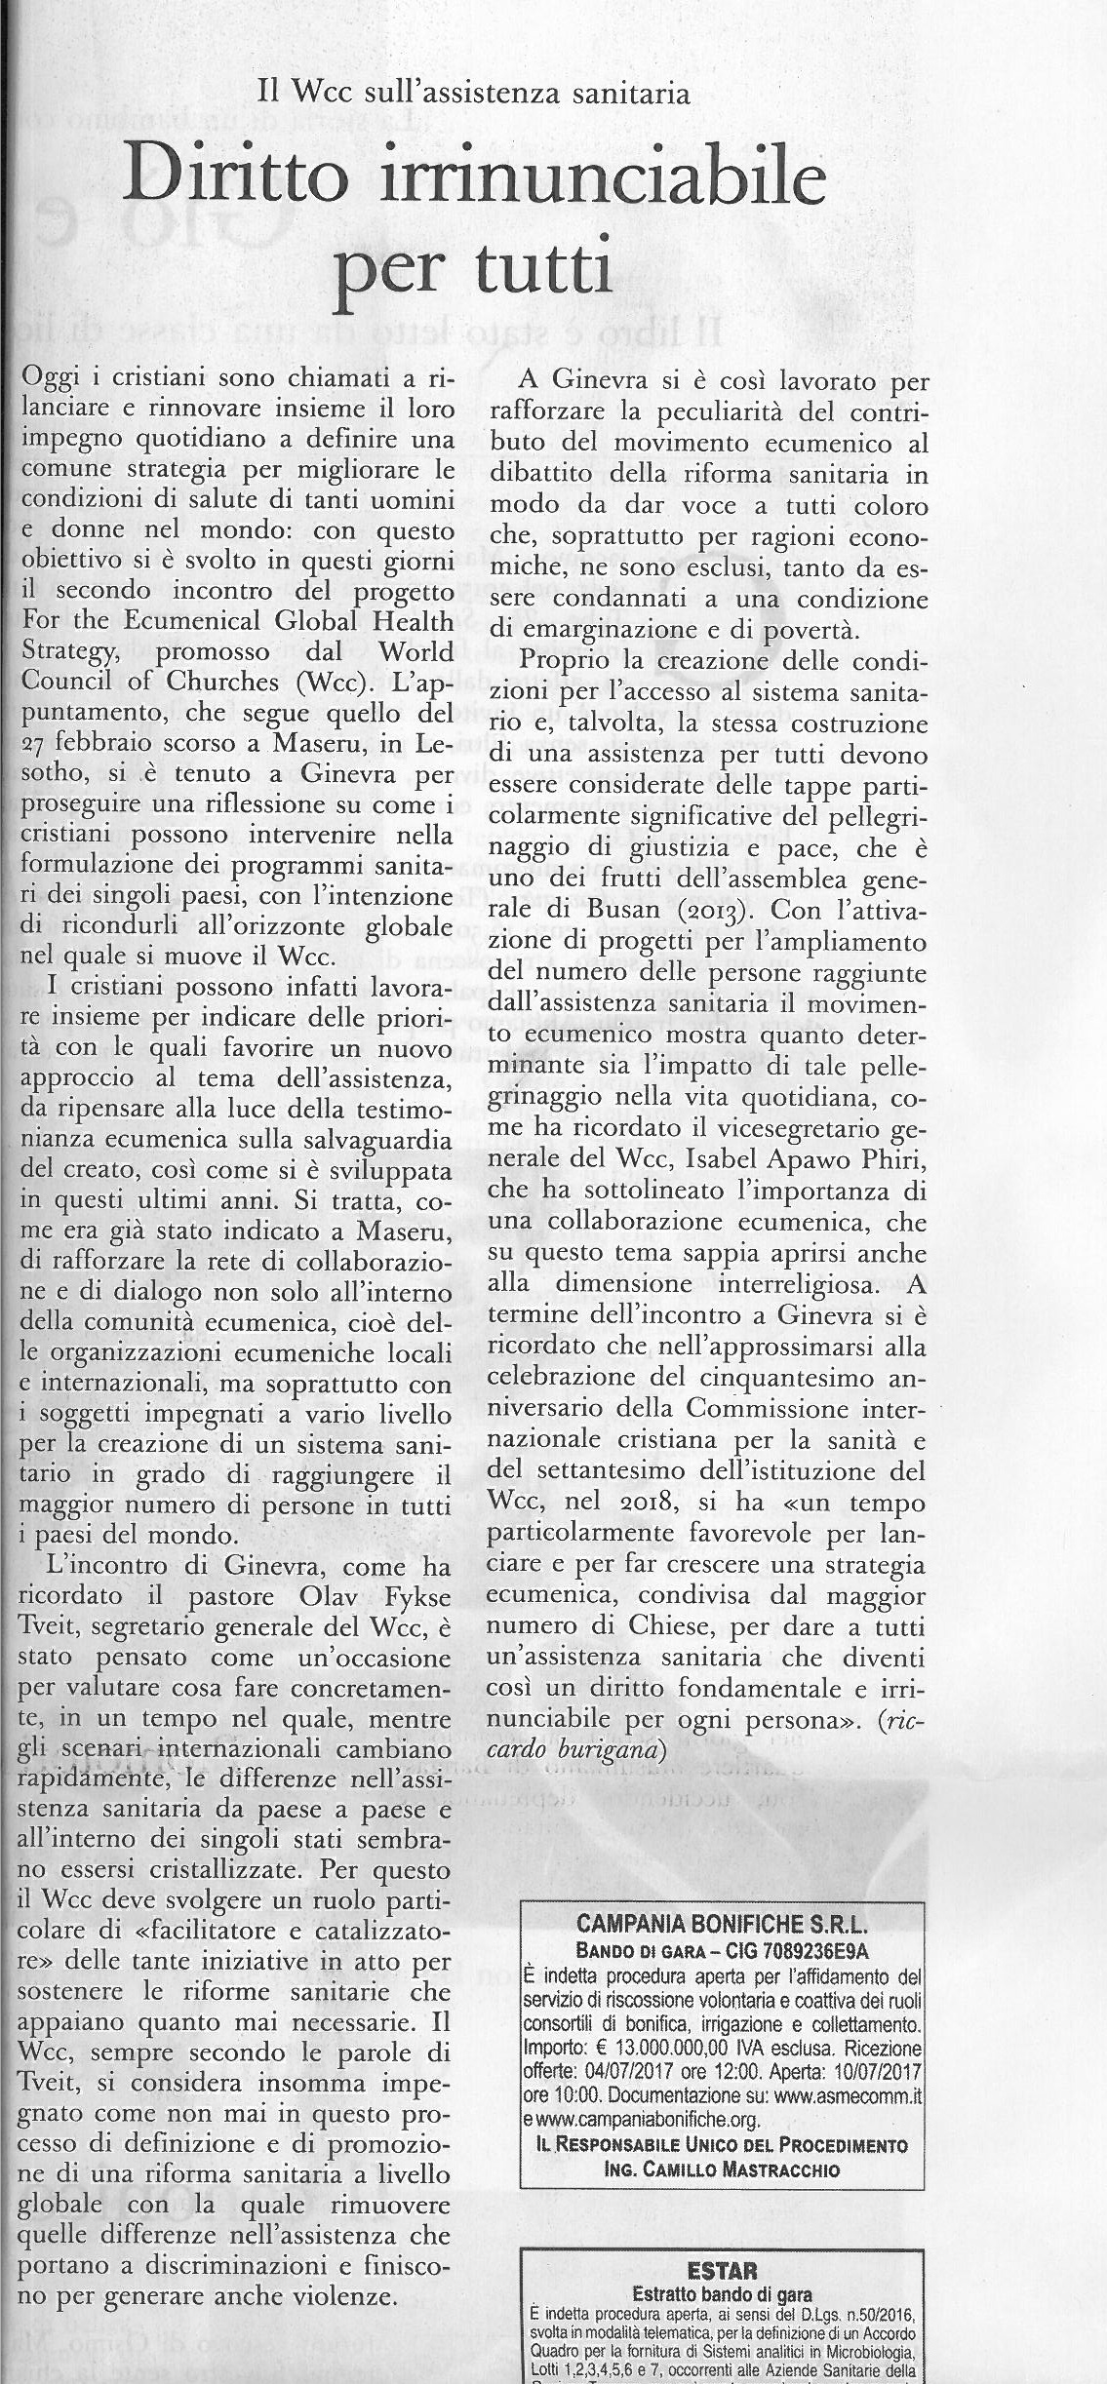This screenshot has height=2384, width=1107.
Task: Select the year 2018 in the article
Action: [x=612, y=1505]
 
